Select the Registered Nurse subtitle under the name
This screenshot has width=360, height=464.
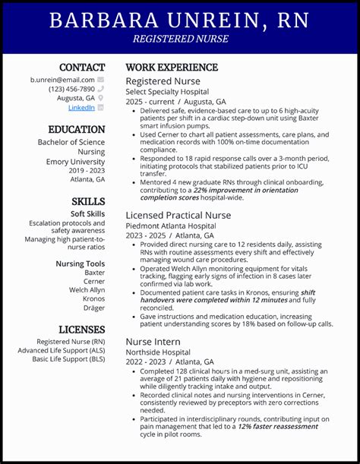[180, 38]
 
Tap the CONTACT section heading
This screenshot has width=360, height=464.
[82, 68]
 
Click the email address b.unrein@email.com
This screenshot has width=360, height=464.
[62, 80]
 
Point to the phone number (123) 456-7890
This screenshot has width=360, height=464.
[71, 89]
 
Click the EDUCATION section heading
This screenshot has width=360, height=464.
[77, 130]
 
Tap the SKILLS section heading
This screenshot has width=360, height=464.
[88, 201]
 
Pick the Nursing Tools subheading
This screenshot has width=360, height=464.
[81, 264]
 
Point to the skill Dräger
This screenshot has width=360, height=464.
[94, 308]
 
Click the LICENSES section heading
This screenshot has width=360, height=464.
[82, 330]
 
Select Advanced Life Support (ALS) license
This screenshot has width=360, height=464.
[62, 350]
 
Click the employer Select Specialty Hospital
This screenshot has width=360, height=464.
[167, 91]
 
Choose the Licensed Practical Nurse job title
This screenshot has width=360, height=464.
[178, 215]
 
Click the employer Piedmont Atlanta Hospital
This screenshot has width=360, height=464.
[170, 226]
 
